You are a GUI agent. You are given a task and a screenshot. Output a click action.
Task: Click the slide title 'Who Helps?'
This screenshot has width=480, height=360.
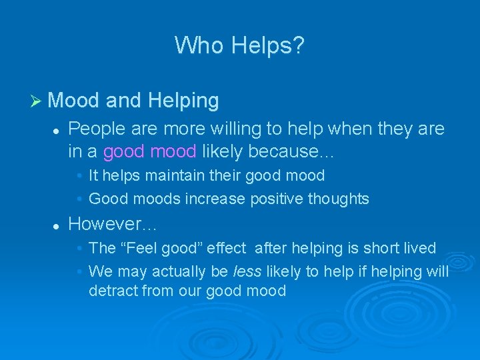pos(239,45)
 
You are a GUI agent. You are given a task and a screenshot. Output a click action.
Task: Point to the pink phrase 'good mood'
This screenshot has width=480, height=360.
pos(149,151)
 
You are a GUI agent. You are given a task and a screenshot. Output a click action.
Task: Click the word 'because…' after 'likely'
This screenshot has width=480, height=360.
pos(291,151)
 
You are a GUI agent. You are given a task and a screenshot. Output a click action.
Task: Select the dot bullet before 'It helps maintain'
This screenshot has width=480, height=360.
pos(79,176)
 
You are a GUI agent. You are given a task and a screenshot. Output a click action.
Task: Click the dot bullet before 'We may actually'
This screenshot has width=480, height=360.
pos(79,272)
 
